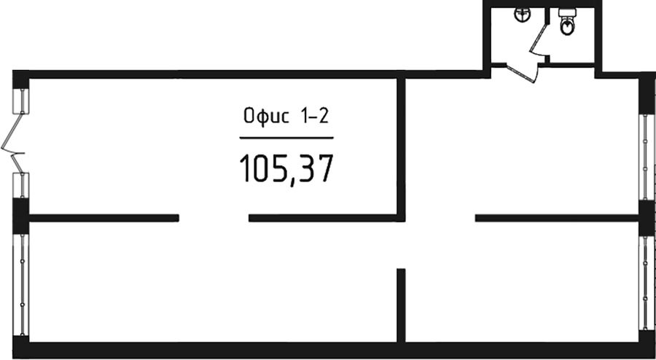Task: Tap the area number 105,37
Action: pyautogui.click(x=286, y=168)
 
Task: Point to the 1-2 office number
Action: pyautogui.click(x=313, y=116)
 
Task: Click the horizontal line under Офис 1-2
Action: pyautogui.click(x=286, y=138)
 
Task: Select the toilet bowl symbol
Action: pyautogui.click(x=567, y=26)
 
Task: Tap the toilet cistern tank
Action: pyautogui.click(x=567, y=12)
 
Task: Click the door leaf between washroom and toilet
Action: pyautogui.click(x=538, y=39)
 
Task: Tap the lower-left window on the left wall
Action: pyautogui.click(x=21, y=284)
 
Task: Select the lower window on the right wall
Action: pyautogui.click(x=646, y=283)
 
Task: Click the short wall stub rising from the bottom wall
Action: pyautogui.click(x=401, y=305)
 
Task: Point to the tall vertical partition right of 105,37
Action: pyautogui.click(x=401, y=149)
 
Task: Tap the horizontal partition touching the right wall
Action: pyautogui.click(x=557, y=218)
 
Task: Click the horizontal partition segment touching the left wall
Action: pyautogui.click(x=104, y=218)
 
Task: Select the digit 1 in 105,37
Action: pyautogui.click(x=246, y=168)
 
